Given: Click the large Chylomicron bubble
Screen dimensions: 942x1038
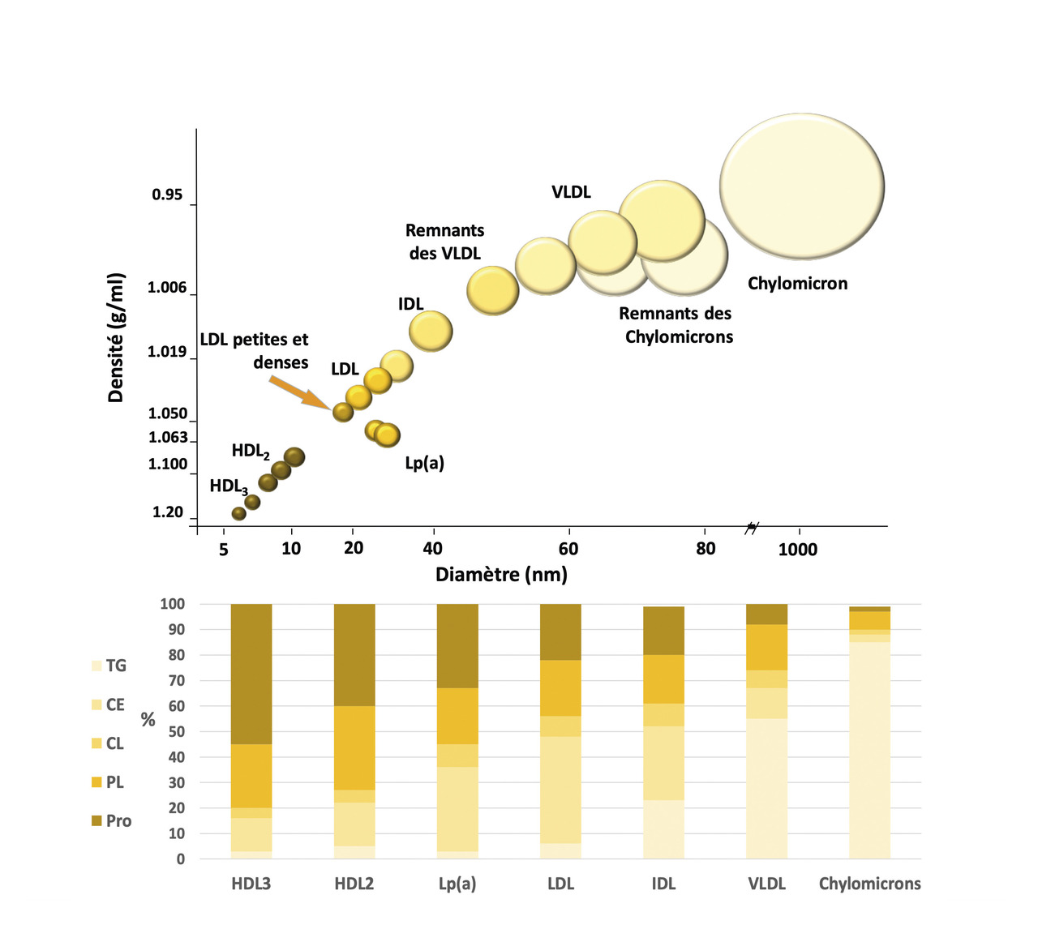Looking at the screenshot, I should tap(801, 186).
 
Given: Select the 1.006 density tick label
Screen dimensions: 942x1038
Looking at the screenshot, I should tap(167, 288).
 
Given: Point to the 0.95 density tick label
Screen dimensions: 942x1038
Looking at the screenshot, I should tap(167, 195).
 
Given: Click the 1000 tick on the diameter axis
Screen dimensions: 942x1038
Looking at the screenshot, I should tap(798, 550).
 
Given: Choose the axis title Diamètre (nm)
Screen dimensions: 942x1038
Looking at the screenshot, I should tap(501, 575).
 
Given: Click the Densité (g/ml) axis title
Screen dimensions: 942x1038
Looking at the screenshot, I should tap(116, 337).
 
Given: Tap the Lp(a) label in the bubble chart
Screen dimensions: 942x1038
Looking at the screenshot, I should tap(424, 463).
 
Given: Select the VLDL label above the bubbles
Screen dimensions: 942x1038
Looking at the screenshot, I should tap(571, 192).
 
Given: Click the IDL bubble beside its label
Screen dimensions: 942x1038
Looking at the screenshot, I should tap(431, 331).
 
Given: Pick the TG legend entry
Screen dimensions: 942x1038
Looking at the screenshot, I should tap(109, 666).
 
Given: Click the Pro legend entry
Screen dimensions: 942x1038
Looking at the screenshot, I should tap(111, 820).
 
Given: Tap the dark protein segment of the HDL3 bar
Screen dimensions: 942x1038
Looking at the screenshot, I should tap(251, 673).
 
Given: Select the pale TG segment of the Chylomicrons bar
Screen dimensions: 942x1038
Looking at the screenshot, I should tap(869, 750).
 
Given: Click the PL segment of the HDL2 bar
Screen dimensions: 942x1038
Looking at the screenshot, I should tap(354, 747).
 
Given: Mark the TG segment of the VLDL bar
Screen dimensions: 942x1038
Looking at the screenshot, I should tap(766, 788).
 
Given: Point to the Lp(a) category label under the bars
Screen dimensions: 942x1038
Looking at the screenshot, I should tap(457, 884).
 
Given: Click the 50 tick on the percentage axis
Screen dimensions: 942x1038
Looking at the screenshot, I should tap(175, 731).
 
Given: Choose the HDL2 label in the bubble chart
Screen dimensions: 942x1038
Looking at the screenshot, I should tap(251, 452).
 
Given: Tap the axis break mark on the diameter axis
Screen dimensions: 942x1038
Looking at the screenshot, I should tap(752, 529).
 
